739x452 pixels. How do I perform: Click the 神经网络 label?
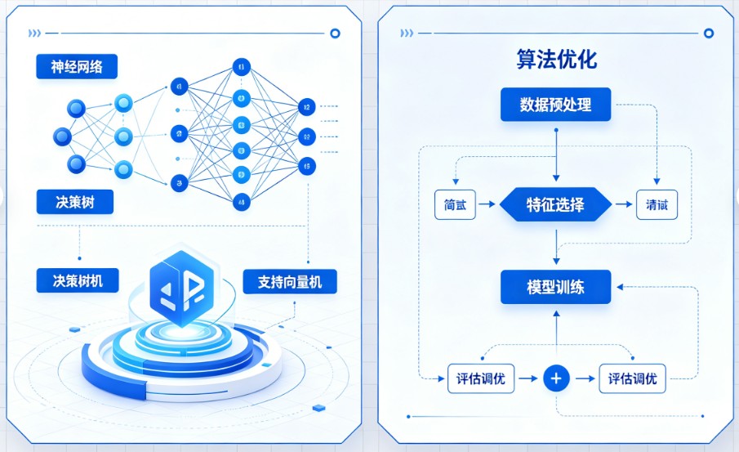click(x=78, y=66)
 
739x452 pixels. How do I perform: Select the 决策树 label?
click(x=75, y=202)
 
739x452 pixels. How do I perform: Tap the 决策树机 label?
click(x=78, y=280)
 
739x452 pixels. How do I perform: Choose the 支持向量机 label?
click(x=290, y=282)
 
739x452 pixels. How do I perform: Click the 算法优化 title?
click(x=555, y=60)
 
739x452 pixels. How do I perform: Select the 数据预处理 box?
click(x=555, y=105)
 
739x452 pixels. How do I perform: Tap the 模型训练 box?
click(x=555, y=287)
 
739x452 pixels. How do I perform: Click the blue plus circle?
click(x=556, y=378)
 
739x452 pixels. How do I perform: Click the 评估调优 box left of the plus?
click(x=482, y=378)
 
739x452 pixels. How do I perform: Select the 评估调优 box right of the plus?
click(x=633, y=378)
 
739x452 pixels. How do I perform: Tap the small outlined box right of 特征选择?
click(x=657, y=205)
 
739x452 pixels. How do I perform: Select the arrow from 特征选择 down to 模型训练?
click(x=556, y=245)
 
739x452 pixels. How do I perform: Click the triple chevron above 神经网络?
click(x=33, y=34)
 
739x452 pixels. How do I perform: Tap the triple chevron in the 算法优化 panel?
click(x=406, y=34)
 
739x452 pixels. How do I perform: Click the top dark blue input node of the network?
click(x=77, y=107)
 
